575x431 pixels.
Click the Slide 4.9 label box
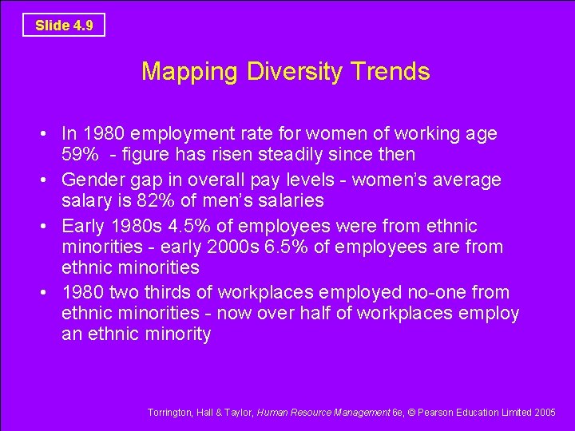click(64, 25)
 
